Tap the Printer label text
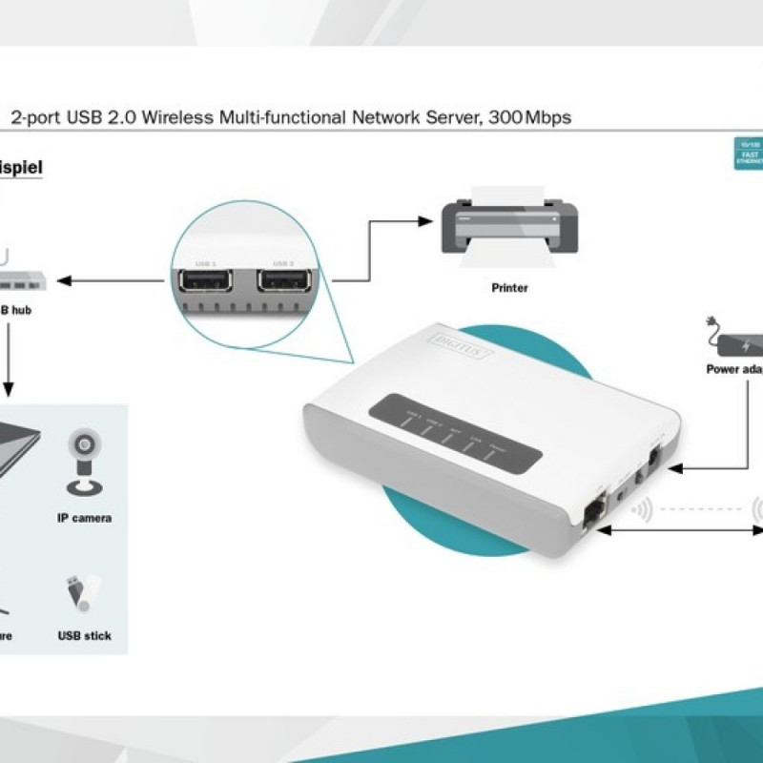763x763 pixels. (509, 287)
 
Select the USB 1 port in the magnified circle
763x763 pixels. (203, 283)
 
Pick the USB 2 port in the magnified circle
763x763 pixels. (284, 283)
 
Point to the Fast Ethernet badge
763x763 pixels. (747, 153)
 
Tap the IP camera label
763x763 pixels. (84, 518)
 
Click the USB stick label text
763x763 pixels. (84, 635)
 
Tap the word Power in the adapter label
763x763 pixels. (723, 369)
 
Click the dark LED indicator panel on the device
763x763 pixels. (454, 431)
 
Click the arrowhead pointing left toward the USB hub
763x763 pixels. (64, 280)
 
